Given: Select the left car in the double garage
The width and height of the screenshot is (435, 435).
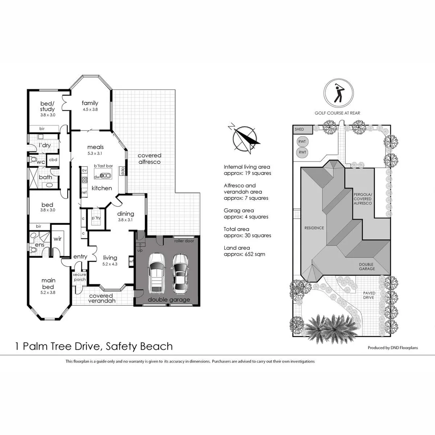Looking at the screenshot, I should click(x=156, y=273).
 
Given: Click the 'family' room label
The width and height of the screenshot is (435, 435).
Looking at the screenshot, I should click(x=90, y=103).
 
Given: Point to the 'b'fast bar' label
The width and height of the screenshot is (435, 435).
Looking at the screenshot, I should click(x=103, y=166).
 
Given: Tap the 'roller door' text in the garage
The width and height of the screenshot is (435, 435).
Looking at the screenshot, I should click(x=184, y=241).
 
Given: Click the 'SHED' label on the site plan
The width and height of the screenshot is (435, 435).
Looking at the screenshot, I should click(x=299, y=129).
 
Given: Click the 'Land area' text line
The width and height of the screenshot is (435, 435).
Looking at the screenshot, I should click(x=237, y=248).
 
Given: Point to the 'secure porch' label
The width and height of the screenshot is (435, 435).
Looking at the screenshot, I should click(x=79, y=277).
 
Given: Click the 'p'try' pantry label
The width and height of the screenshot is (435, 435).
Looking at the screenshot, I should click(x=96, y=218).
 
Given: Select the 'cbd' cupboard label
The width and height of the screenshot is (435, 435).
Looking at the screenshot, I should click(x=53, y=159).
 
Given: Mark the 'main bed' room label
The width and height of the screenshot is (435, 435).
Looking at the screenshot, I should click(x=49, y=283).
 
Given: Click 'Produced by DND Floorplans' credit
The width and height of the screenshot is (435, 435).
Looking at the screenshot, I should click(x=393, y=347).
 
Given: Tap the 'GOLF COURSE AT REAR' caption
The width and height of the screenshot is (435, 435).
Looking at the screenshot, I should click(x=338, y=113).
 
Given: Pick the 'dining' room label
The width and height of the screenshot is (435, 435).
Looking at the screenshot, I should click(x=125, y=214).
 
